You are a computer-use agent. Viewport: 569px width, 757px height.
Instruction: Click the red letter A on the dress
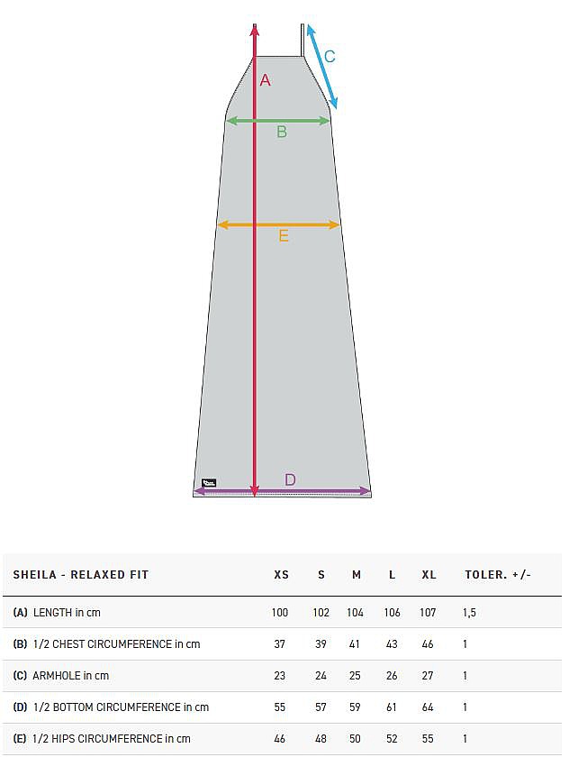tap(266, 80)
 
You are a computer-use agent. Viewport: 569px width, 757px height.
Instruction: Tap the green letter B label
tap(282, 132)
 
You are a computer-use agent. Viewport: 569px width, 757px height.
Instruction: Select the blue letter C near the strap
tap(330, 57)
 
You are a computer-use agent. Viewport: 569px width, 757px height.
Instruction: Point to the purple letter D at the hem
tap(290, 479)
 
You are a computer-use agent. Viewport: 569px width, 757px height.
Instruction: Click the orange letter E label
tap(284, 235)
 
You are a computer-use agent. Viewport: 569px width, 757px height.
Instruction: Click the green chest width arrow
tap(278, 121)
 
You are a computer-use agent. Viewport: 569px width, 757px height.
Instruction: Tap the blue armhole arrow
tap(322, 67)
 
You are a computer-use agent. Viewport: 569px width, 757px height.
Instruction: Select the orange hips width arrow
tap(279, 224)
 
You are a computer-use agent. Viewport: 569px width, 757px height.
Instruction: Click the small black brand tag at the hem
tap(209, 482)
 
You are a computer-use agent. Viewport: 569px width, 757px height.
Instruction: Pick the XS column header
tap(281, 575)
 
